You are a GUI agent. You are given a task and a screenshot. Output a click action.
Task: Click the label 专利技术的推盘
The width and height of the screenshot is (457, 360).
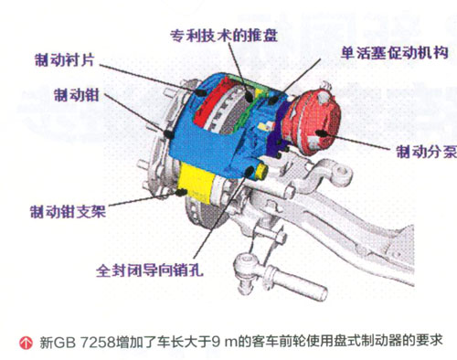click(224, 36)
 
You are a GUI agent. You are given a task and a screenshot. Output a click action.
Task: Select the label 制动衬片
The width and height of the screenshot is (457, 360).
click(65, 59)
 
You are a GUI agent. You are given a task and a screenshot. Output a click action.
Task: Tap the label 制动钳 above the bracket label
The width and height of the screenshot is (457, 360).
click(77, 95)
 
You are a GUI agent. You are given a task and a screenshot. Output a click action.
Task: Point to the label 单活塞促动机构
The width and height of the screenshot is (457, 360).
click(395, 53)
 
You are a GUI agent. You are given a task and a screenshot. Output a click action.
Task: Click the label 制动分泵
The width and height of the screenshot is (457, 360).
click(426, 152)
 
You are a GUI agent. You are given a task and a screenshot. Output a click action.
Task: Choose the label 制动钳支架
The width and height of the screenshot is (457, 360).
click(68, 211)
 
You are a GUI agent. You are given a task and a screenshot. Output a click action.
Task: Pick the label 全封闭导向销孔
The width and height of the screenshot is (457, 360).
click(150, 270)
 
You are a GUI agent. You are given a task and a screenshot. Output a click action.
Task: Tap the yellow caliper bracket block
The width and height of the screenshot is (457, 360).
click(196, 182)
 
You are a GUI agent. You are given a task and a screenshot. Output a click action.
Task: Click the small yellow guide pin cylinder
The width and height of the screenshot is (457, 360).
click(261, 171)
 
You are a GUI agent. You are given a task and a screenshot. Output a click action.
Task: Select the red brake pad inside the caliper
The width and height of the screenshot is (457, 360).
click(212, 102)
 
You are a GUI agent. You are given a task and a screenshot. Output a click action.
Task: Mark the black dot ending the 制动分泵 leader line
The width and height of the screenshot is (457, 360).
click(321, 132)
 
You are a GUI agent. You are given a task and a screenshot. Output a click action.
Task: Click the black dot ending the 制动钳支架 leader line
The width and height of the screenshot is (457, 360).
click(182, 192)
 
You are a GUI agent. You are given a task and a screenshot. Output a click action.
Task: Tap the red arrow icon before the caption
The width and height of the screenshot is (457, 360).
click(26, 343)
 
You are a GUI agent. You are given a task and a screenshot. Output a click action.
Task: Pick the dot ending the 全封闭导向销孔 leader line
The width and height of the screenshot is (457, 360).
click(250, 172)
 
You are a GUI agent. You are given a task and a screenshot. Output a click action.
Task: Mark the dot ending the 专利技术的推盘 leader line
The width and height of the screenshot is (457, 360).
click(250, 97)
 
